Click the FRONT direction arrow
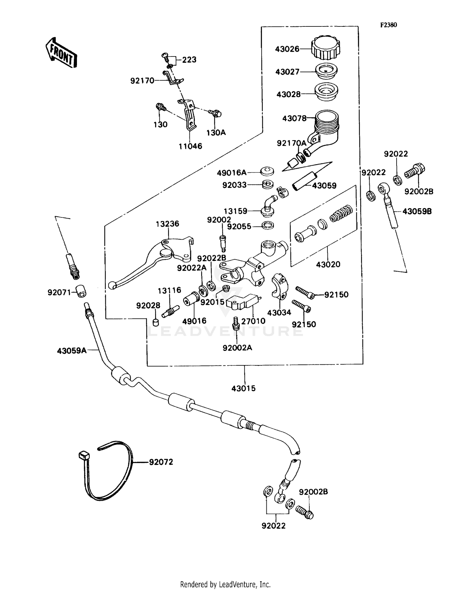[x=61, y=52]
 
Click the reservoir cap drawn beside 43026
[x=326, y=48]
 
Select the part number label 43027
[x=287, y=72]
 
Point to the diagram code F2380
[x=388, y=25]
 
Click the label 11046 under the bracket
[x=190, y=146]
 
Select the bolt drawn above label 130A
[x=215, y=114]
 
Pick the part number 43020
[x=328, y=264]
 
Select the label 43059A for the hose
[x=72, y=350]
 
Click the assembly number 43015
[x=243, y=388]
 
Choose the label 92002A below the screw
[x=237, y=348]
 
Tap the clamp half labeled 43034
[x=281, y=286]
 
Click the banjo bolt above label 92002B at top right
[x=415, y=171]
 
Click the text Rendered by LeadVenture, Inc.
[x=225, y=584]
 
